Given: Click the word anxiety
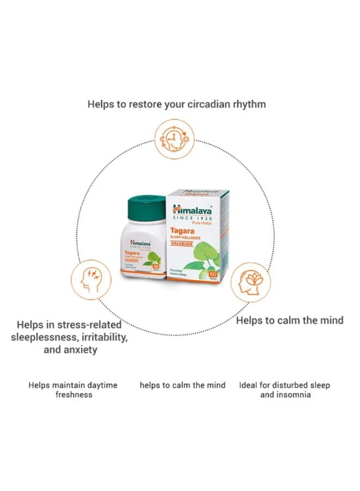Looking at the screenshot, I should (x=79, y=350).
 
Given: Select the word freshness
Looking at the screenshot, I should (x=74, y=394).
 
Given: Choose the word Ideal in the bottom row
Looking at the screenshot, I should (x=248, y=385).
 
